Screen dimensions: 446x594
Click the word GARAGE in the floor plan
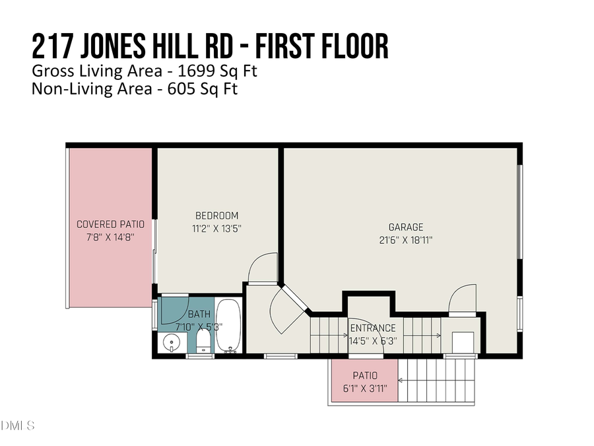point(406,227)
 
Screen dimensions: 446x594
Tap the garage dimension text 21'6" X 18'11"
point(406,240)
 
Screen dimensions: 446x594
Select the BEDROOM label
point(216,215)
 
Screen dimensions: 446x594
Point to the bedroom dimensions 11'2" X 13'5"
point(216,228)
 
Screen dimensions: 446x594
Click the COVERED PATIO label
point(110,225)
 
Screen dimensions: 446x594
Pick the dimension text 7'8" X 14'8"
point(110,237)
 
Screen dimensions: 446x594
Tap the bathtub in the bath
point(230,326)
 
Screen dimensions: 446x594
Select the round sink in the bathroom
point(172,343)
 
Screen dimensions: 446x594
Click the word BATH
point(199,314)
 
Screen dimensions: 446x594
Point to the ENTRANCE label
point(373,328)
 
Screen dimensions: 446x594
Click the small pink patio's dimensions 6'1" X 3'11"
point(364,389)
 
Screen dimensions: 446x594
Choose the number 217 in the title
point(54,48)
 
